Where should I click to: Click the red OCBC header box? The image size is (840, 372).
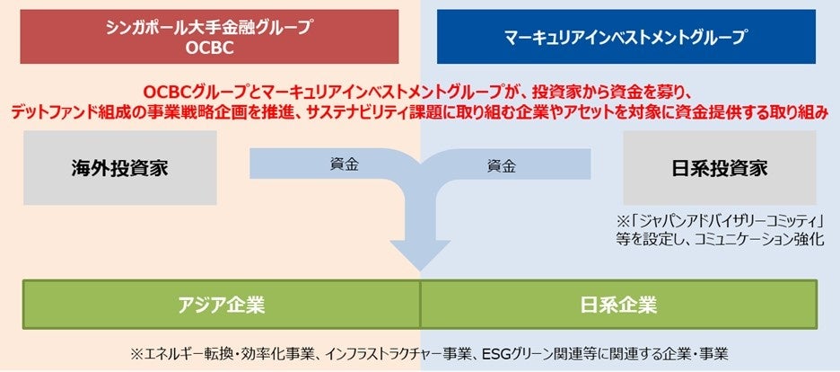tap(210, 38)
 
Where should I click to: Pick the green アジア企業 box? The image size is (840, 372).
tap(221, 304)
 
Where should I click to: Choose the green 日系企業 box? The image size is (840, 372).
tap(618, 304)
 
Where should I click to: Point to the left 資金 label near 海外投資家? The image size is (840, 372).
tap(338, 165)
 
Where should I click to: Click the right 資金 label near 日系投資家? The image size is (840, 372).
tap(501, 165)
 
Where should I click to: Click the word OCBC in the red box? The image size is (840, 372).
tap(210, 48)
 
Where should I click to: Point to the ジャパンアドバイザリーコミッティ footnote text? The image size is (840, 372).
tap(726, 221)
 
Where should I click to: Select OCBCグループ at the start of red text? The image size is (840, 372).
tap(188, 92)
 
